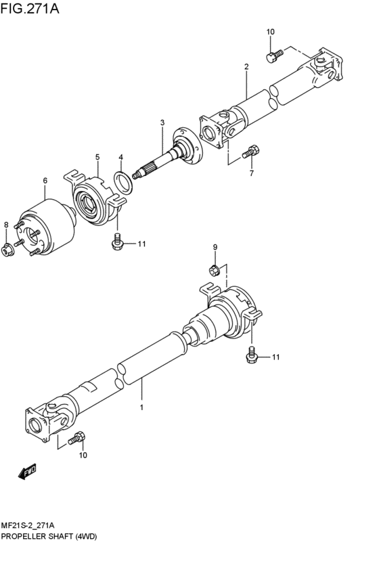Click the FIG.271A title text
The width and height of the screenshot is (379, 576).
coord(30,8)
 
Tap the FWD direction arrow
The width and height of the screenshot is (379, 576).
coord(27,471)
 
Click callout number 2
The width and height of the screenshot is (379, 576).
coord(246,66)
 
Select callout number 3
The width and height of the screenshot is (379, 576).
coord(162,123)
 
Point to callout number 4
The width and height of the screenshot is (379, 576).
coord(121,157)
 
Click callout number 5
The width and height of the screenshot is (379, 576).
coord(97,157)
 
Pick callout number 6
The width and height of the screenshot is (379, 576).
coord(45,180)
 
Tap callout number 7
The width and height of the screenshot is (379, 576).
coord(252,173)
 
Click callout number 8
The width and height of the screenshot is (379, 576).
coord(6,225)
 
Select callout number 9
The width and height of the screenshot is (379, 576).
coord(215,247)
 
